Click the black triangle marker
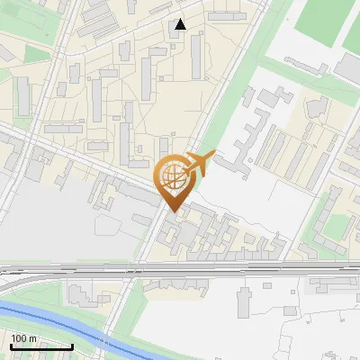181,24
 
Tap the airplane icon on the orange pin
199,163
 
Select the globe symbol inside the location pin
172,176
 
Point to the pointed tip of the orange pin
174,211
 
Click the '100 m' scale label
23,337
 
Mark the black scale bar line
41,346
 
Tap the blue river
54,324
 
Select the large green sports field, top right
328,22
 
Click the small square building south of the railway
266,287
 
